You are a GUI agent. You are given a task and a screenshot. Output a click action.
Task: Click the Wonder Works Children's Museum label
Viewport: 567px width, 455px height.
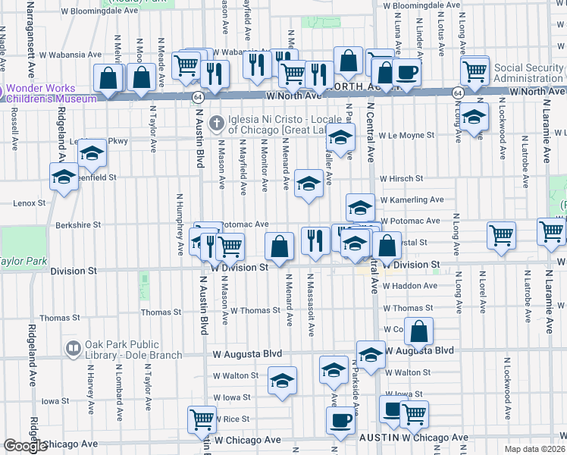(x=50, y=93)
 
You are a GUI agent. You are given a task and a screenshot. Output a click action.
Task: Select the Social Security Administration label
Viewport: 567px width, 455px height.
(x=529, y=74)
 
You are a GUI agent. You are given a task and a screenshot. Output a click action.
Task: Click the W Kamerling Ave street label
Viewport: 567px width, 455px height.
(x=411, y=199)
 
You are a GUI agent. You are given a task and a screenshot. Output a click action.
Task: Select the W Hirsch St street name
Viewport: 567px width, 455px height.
(x=401, y=178)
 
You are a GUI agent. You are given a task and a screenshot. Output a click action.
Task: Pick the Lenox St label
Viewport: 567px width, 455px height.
(x=30, y=203)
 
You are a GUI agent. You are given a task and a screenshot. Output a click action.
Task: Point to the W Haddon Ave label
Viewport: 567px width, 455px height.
(x=410, y=286)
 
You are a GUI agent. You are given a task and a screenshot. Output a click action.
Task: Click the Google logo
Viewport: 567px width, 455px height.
(x=25, y=446)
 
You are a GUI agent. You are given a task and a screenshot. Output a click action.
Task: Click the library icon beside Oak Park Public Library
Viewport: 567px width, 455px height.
(x=74, y=349)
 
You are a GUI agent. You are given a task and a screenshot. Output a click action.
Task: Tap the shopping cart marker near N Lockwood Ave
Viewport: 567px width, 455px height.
(x=502, y=236)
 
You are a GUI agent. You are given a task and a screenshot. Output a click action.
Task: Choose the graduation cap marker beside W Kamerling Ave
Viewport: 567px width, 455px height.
(x=360, y=206)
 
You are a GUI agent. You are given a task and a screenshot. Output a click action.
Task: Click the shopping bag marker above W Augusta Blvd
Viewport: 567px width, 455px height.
(x=418, y=331)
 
